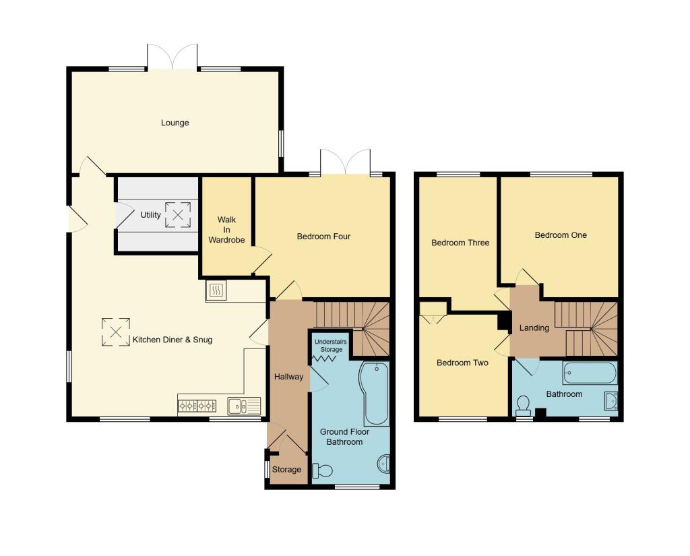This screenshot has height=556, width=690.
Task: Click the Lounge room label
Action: point(175,123)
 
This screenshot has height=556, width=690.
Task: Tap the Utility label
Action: point(150,215)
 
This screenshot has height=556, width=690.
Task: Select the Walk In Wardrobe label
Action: point(226,230)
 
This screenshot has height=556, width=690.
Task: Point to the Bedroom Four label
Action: point(323,237)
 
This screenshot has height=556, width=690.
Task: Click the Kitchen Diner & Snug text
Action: point(172,340)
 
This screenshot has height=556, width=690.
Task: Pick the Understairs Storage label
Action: point(330,346)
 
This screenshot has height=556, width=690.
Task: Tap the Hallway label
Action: point(288,377)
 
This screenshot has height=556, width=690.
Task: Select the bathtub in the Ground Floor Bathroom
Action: point(374,393)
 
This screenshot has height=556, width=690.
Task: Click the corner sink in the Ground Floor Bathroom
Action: point(383,464)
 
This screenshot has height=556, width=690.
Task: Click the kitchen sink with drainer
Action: point(244,406)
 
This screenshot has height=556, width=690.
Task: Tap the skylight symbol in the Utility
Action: point(178,215)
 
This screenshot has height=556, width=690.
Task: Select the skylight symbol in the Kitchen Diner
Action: point(115,332)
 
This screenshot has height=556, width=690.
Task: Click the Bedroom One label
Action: point(561,235)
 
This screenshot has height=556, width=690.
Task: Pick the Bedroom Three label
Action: point(460,243)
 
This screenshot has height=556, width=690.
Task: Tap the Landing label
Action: point(534,328)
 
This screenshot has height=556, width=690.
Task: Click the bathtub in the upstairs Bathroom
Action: point(590,373)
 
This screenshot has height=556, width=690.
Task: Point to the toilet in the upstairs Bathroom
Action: point(522,404)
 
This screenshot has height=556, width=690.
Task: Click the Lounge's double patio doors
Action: point(172,57)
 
